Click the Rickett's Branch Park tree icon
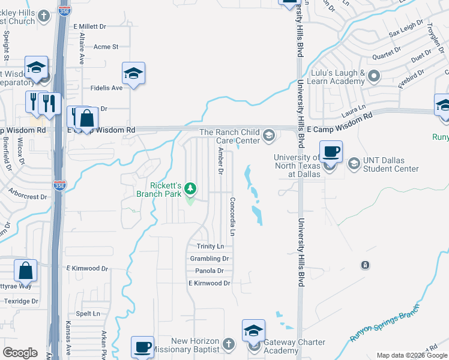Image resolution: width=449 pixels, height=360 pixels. coord(190,189)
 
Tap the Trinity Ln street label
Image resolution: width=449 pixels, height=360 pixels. coord(210,247)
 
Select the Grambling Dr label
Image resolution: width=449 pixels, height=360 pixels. coord(209,259)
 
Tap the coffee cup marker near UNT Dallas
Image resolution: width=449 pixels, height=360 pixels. coord(330,151)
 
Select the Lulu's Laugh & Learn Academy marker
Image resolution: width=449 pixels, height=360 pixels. coord(374,76)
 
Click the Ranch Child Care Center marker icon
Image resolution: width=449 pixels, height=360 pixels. coord(269,136)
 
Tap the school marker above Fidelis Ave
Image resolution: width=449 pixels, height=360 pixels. coord(133,73)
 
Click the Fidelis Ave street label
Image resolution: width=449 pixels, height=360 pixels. coord(106,88)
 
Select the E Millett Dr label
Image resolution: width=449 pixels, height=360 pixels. coord(89,26)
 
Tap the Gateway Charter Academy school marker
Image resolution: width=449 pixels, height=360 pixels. coord(253,331)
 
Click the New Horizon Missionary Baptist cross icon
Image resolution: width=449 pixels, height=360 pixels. coord(228,344)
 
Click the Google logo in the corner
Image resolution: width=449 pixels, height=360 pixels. coord(20,353)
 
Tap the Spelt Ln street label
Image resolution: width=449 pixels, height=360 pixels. coord(88,314)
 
